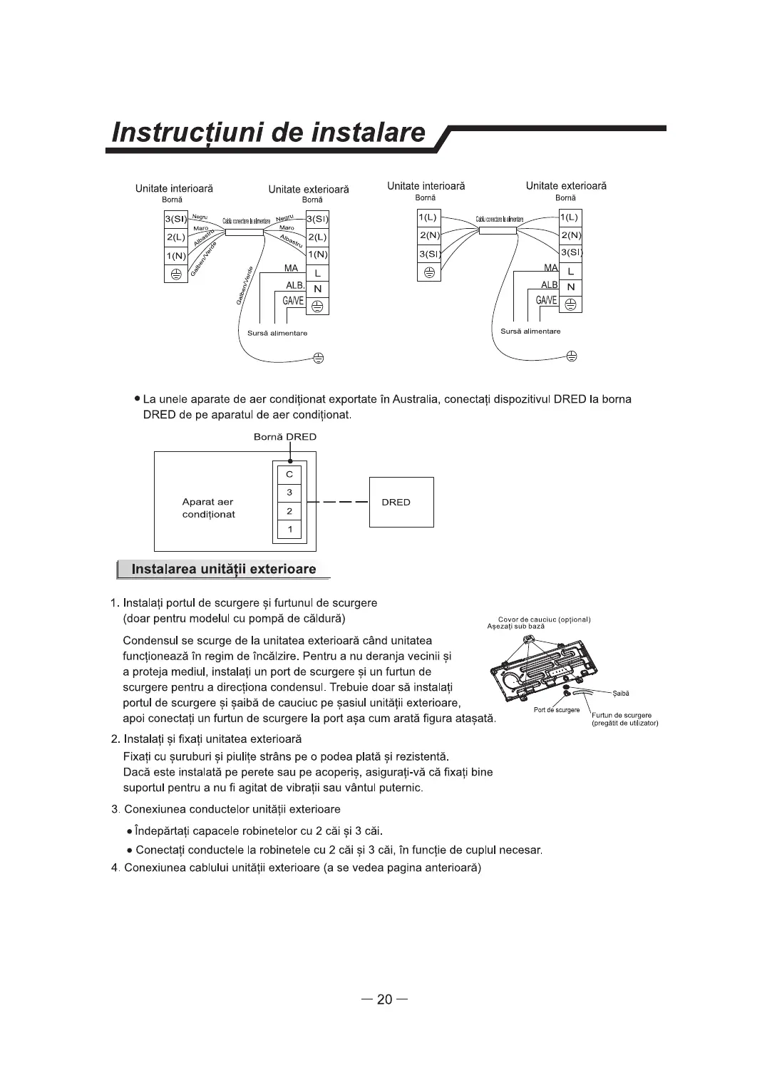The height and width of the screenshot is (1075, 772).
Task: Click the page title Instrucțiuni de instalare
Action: pyautogui.click(x=270, y=133)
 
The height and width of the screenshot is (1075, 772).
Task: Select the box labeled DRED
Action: pyautogui.click(x=401, y=502)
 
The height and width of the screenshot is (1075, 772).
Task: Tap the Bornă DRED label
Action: pyautogui.click(x=285, y=437)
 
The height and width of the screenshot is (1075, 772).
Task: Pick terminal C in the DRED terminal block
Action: pyautogui.click(x=289, y=474)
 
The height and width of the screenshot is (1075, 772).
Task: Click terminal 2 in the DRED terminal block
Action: pyautogui.click(x=289, y=511)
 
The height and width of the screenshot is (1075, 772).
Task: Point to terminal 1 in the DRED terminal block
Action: pyautogui.click(x=289, y=530)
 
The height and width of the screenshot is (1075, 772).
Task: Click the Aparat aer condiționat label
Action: pyautogui.click(x=208, y=508)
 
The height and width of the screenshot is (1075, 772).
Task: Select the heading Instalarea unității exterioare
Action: pyautogui.click(x=224, y=570)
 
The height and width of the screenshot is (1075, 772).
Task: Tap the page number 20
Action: pyautogui.click(x=385, y=999)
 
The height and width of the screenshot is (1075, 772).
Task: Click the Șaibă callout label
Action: pyautogui.click(x=620, y=693)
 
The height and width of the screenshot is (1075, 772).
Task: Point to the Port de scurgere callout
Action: pyautogui.click(x=556, y=710)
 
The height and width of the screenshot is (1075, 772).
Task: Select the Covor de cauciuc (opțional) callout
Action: pyautogui.click(x=544, y=619)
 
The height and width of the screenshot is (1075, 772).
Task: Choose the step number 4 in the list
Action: pyautogui.click(x=115, y=868)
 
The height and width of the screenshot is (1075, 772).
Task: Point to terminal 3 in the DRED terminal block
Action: pyautogui.click(x=289, y=493)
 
